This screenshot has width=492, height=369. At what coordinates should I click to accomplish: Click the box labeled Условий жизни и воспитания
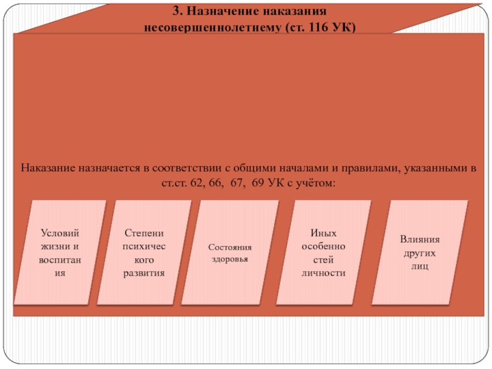[x=60, y=252]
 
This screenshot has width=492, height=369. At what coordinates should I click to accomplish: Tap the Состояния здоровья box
[x=230, y=252]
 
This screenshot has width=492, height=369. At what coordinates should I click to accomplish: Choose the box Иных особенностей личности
[x=323, y=252]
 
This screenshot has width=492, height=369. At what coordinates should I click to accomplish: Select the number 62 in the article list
[x=199, y=183]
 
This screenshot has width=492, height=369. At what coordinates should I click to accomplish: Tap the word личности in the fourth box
[x=323, y=272]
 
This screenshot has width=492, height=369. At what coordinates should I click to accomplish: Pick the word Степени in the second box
[x=145, y=233]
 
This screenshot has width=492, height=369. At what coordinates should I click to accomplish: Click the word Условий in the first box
[x=60, y=233]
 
